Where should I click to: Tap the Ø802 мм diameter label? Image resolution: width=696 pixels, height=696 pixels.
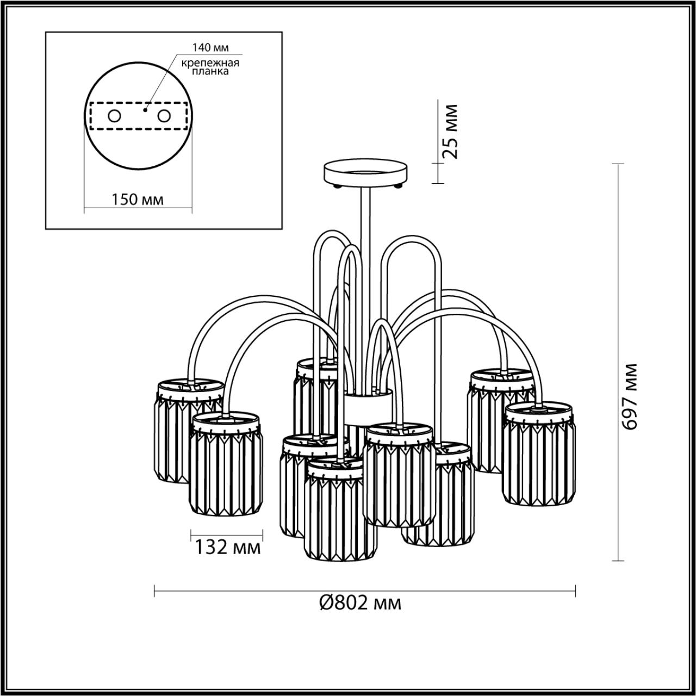pyautogui.click(x=361, y=602)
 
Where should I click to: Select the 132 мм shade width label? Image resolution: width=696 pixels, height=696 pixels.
pyautogui.click(x=228, y=546)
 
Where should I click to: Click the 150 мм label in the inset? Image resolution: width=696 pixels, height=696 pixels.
pyautogui.click(x=138, y=200)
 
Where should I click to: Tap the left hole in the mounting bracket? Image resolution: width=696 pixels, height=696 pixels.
pyautogui.click(x=114, y=116)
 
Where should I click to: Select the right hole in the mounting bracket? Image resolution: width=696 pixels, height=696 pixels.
pyautogui.click(x=163, y=116)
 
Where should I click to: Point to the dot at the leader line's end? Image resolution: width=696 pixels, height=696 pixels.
pyautogui.click(x=145, y=109)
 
